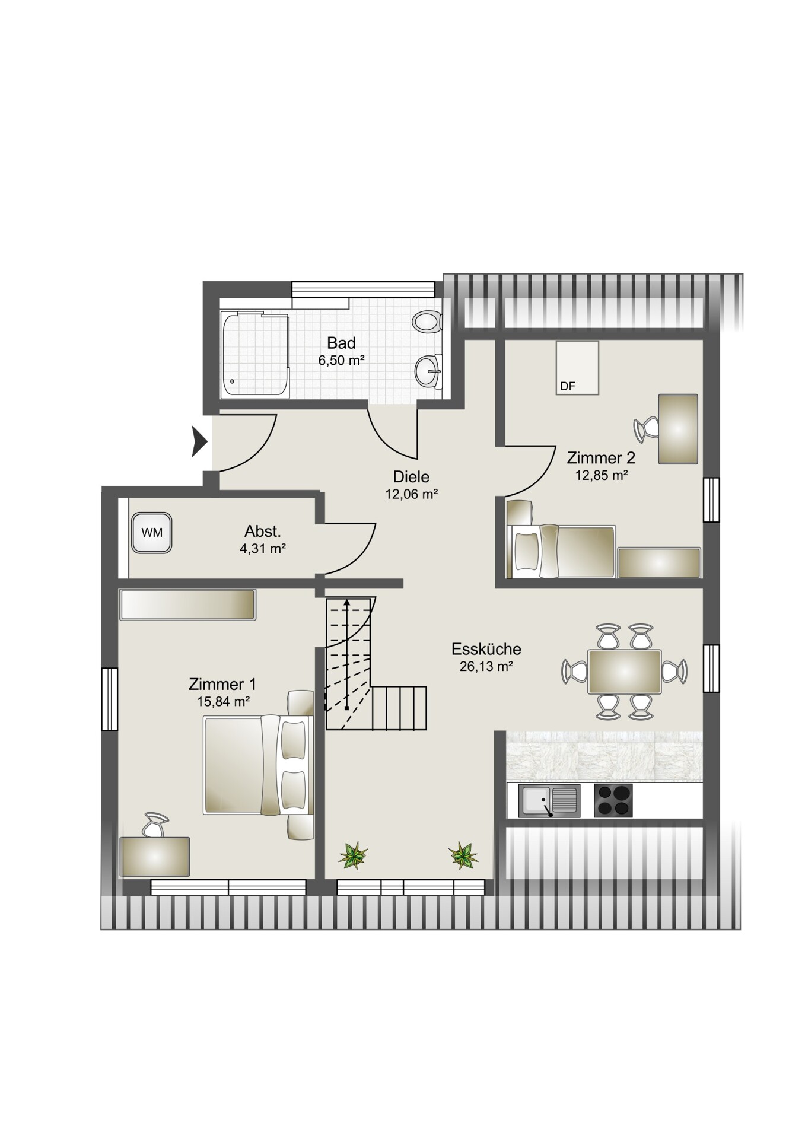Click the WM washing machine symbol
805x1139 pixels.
pos(152,533)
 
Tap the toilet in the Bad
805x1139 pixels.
pos(427,322)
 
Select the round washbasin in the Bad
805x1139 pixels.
pos(428,372)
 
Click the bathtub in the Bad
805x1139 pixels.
pos(255,355)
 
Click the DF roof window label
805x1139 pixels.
pos(568,386)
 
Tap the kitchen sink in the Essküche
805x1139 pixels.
pos(549,800)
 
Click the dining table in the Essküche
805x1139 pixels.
pos(624,672)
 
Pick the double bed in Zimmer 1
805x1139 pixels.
pos(258,765)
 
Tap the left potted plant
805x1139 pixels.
pos(353,855)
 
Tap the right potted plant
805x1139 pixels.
pos(463,855)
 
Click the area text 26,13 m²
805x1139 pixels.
pos(486,666)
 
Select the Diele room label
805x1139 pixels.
pos(411,476)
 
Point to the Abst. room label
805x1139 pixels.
pos(263,531)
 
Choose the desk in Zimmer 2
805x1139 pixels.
pos(678,429)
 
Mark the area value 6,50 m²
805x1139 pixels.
pos(341,360)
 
